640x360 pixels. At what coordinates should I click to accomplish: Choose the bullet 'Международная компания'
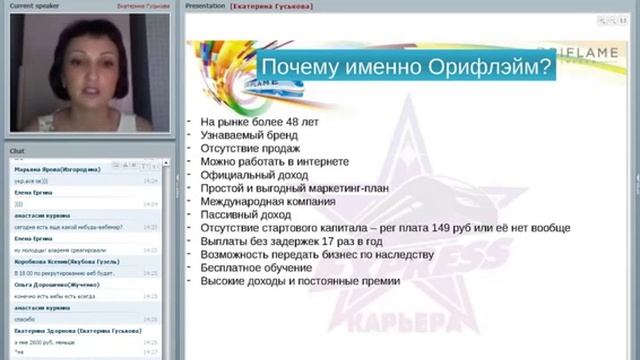262,201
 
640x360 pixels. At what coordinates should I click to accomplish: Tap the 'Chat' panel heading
17,150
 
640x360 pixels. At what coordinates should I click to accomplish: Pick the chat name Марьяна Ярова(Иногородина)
55,170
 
